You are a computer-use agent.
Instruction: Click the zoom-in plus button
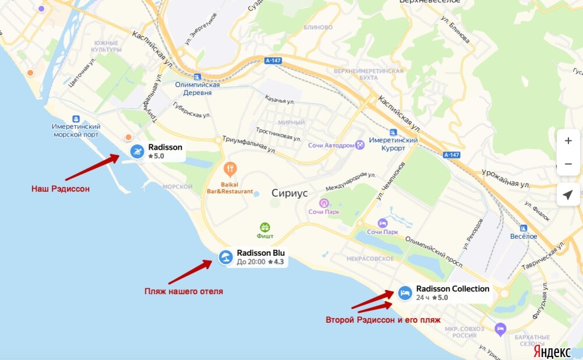pos(568,141)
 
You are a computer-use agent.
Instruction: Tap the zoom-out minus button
pos(568,165)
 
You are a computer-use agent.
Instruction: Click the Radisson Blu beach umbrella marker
pos(225,257)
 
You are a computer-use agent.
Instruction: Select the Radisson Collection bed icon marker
pos(405,293)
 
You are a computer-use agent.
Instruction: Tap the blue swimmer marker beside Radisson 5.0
pos(137,151)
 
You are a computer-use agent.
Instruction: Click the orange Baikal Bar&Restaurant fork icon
pos(231,170)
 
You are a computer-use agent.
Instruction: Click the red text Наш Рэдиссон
pos(61,189)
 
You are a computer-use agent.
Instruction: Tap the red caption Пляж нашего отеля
pos(183,291)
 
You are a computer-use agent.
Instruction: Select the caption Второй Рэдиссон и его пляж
pos(383,320)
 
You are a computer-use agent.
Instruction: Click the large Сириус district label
pos(289,193)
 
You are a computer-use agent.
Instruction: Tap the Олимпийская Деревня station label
pos(197,89)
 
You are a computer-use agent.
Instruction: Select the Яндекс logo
pos(552,352)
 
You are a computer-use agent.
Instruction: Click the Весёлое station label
pos(524,236)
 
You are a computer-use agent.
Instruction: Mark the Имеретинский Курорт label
pos(394,144)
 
